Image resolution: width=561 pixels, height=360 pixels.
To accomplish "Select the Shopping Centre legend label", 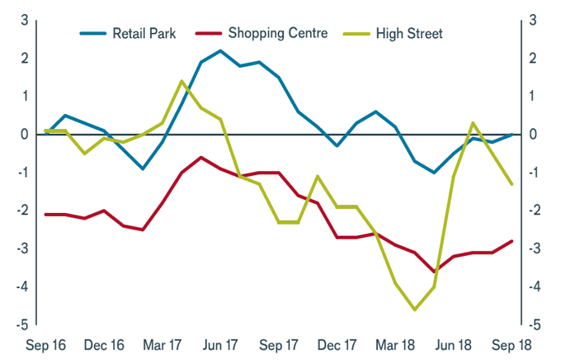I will click(277, 34).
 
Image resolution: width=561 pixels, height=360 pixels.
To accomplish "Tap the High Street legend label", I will click(409, 34).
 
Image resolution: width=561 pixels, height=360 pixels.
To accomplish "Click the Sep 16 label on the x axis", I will click(45, 344).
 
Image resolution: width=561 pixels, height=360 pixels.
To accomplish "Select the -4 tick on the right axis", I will click(535, 287).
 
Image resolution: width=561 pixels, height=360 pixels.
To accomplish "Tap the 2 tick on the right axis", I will click(534, 58).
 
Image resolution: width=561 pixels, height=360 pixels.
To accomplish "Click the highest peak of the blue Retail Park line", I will click(220, 50).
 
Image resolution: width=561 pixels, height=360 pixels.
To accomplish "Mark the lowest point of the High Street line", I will click(414, 310).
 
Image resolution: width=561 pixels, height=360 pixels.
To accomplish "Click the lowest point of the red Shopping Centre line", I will click(434, 272).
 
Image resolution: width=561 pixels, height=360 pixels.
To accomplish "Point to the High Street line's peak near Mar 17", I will click(181, 81).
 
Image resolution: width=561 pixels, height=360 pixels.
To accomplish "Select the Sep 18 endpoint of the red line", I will click(511, 241).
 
